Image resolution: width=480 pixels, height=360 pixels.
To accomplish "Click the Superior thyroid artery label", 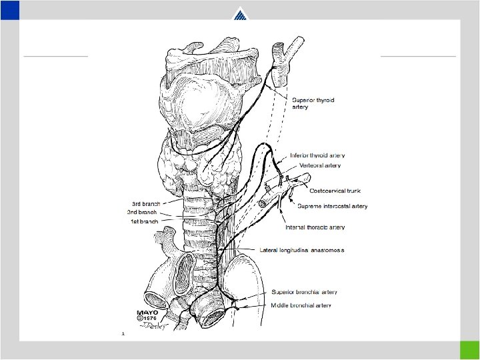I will click(313, 103).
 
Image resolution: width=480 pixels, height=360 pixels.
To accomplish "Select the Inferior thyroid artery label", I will click(317, 156).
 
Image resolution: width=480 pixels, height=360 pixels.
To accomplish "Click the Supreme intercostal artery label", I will click(332, 206).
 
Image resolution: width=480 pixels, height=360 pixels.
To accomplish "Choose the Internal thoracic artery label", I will click(315, 227).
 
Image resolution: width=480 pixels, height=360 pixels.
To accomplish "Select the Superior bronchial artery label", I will click(304, 292).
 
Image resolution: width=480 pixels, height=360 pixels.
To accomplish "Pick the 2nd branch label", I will click(142, 211).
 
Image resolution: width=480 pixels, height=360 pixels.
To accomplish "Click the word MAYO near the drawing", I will click(147, 313).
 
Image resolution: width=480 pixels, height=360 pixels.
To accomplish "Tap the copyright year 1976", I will click(149, 320).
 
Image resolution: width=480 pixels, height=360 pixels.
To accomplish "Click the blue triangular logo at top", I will click(240, 15).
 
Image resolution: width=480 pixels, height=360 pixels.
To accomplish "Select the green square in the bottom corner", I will click(469, 350).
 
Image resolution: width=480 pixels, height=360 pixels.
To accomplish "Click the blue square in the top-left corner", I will click(9, 9).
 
